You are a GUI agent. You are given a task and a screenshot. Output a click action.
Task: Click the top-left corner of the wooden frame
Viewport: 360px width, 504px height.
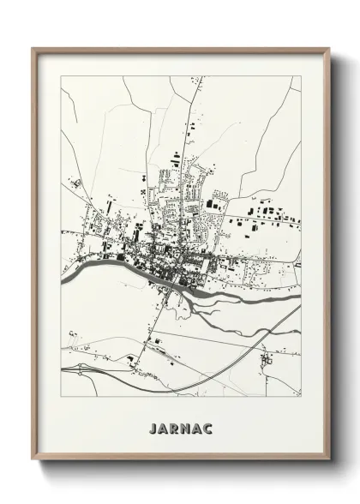[x=33, y=49]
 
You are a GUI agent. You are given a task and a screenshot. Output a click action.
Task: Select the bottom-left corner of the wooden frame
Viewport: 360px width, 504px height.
[x=33, y=460]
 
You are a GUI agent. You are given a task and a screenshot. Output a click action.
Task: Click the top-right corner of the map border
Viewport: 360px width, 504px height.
[x=301, y=76]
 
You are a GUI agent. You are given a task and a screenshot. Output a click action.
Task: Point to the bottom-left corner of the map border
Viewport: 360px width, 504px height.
[x=61, y=397]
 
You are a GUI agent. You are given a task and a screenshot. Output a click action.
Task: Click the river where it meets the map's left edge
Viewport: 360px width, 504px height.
[x=63, y=279]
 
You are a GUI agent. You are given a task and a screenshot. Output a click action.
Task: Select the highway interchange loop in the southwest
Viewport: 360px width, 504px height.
[x=72, y=370]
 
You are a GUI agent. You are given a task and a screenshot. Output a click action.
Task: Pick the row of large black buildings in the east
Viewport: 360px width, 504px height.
[x=266, y=211]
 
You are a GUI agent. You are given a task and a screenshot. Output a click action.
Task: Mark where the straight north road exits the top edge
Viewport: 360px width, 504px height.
[x=191, y=77]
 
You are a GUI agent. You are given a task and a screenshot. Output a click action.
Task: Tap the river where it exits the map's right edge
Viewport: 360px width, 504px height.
[x=299, y=297]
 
